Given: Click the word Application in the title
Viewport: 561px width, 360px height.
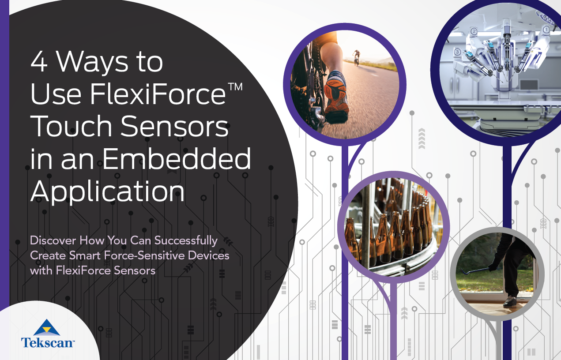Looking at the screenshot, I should coord(107,191).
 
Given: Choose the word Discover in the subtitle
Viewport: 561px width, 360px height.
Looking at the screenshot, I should coord(53,240).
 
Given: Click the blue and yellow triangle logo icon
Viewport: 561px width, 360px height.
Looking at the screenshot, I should coord(47,327).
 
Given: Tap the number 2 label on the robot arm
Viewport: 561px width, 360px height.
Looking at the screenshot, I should coord(474,31).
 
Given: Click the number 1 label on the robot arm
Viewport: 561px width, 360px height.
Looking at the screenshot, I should coord(546,30).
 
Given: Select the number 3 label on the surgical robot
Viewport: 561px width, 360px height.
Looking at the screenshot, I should coord(458,52).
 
